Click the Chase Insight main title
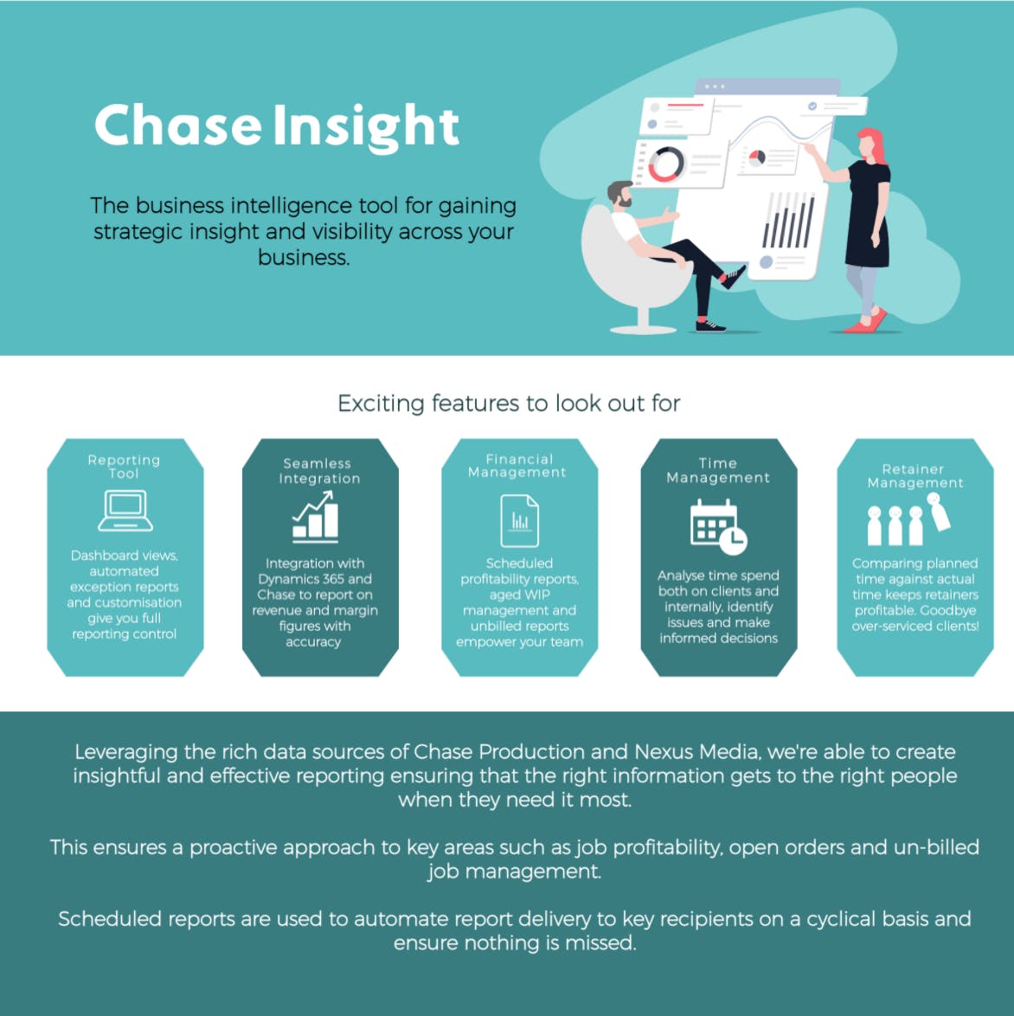tap(276, 126)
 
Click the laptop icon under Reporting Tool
tap(125, 511)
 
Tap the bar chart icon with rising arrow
tap(315, 517)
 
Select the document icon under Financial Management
tap(520, 520)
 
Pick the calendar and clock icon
tap(717, 526)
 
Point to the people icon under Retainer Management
tap(908, 521)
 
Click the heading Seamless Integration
tap(318, 471)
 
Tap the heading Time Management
tap(718, 470)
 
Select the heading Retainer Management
tap(915, 476)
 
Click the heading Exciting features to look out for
tap(509, 403)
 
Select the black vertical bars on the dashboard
tap(788, 222)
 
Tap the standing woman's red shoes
tap(866, 323)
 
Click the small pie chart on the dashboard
tap(756, 158)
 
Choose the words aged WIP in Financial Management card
tap(519, 595)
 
